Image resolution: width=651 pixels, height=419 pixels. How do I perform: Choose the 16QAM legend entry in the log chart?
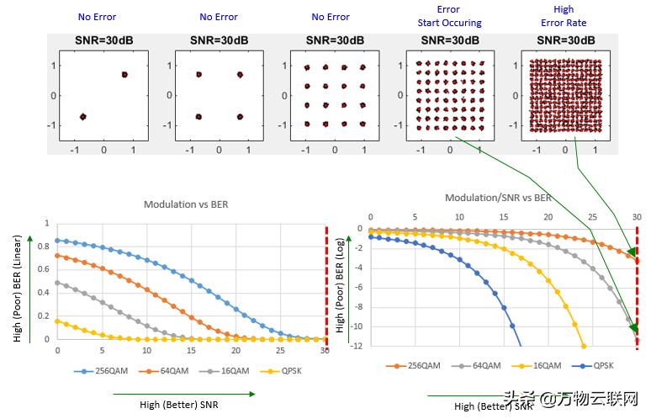click(x=538, y=366)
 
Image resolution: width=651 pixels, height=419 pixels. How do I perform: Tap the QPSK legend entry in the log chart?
click(x=598, y=366)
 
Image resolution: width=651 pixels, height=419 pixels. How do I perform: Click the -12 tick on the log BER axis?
click(x=356, y=347)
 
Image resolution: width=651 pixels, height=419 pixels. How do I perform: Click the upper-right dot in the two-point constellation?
click(x=124, y=75)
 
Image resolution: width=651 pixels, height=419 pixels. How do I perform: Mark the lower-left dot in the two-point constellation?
click(x=83, y=116)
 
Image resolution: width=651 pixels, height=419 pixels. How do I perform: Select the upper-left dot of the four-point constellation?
click(x=198, y=75)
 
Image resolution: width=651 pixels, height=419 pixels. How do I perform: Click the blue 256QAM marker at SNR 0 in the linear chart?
click(x=57, y=240)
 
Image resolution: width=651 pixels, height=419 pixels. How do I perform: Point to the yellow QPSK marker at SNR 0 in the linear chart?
click(x=57, y=321)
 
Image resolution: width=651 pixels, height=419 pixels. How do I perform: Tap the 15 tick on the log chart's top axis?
click(x=503, y=216)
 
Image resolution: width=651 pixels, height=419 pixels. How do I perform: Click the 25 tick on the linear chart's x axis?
click(x=281, y=349)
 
